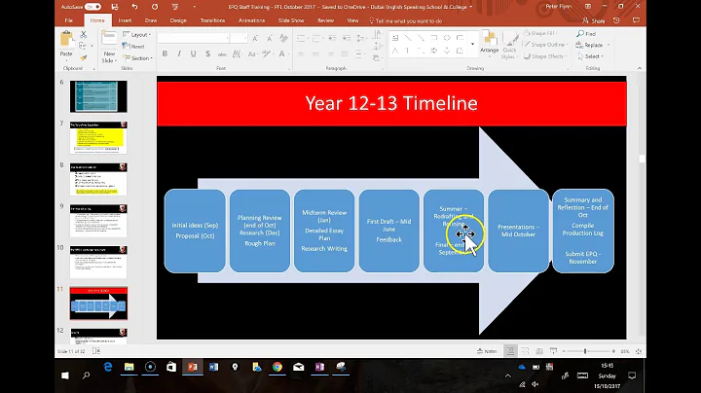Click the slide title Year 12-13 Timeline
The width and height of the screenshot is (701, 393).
tap(390, 102)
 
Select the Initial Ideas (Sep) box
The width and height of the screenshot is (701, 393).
tap(195, 231)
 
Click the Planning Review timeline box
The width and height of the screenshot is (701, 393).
tap(259, 231)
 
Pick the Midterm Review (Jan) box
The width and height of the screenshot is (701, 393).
tap(323, 231)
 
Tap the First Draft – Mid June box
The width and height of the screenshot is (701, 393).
tap(388, 231)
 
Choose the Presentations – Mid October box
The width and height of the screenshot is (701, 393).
tap(518, 231)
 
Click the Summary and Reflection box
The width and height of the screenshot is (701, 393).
tap(582, 231)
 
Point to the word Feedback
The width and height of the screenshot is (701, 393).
tap(388, 239)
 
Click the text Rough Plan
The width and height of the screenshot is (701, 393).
tap(259, 244)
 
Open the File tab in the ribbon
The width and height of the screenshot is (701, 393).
tap(68, 18)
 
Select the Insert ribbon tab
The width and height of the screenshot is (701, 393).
tap(125, 18)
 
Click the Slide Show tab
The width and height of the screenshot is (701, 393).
tap(289, 18)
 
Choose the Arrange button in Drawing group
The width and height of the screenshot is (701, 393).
tap(489, 45)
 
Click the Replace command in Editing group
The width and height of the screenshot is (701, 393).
tap(592, 45)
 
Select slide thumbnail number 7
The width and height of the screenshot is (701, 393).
tap(97, 137)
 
